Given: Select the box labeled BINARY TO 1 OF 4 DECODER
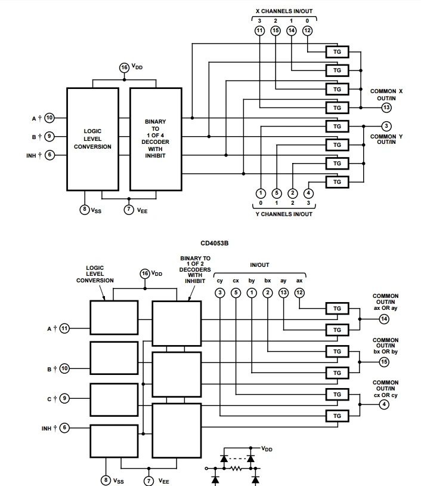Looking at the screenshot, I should point(155,139).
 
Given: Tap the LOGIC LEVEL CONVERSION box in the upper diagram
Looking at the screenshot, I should point(92,139).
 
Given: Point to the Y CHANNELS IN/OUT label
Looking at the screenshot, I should point(283,214).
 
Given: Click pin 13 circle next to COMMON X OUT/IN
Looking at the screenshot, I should point(386,107).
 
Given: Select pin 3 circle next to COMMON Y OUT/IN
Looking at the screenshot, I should point(386,126).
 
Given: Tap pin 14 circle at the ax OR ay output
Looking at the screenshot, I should point(385,319).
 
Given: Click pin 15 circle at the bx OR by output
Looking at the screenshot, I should point(385,362).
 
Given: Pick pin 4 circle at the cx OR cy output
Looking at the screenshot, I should point(385,404).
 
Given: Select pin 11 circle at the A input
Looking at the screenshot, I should point(64,328).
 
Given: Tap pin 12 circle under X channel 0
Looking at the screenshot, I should point(307,30).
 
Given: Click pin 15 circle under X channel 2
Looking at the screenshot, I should point(275,30).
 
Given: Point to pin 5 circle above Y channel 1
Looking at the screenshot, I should point(276,193).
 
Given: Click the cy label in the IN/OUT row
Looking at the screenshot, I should point(220,280).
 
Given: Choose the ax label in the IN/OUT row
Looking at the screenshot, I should point(299,280).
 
